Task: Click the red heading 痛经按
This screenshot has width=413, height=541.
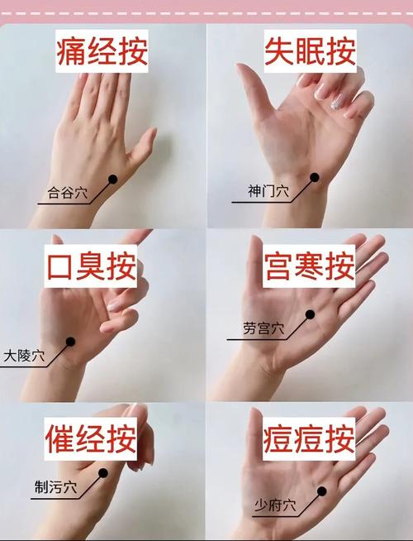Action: pyautogui.click(x=102, y=52)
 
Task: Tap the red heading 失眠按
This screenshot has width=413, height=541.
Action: pyautogui.click(x=309, y=52)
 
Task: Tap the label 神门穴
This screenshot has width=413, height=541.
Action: pyautogui.click(x=268, y=192)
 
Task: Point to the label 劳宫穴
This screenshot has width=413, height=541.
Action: pyautogui.click(x=263, y=329)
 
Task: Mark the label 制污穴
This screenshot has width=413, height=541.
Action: pyautogui.click(x=54, y=486)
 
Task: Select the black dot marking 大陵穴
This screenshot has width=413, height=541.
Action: pyautogui.click(x=71, y=341)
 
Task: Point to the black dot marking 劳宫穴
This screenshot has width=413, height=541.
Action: pyautogui.click(x=311, y=314)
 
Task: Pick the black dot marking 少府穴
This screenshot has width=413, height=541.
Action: pyautogui.click(x=320, y=491)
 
